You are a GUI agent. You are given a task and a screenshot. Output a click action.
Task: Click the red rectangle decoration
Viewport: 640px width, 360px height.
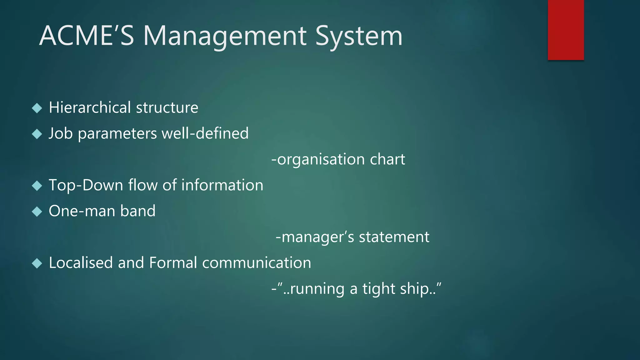point(566,30)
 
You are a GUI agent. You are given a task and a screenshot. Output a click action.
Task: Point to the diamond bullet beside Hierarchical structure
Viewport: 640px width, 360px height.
point(37,108)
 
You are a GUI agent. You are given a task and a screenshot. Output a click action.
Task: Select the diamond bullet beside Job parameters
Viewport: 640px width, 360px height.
point(37,134)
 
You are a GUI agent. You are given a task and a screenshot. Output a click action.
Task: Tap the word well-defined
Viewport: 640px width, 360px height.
point(205,133)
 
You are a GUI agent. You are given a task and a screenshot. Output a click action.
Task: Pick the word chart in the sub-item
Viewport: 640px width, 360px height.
point(387,159)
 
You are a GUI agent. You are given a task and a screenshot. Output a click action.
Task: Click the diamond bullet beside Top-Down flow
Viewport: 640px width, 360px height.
point(37,186)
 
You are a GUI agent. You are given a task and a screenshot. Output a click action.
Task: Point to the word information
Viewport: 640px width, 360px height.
point(222,185)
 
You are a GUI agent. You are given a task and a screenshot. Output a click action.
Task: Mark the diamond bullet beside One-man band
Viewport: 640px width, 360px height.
point(37,212)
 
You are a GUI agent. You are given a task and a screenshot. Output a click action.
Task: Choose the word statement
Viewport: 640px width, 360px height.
point(394,237)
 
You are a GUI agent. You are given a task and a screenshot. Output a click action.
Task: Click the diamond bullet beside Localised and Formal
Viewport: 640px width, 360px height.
point(37,263)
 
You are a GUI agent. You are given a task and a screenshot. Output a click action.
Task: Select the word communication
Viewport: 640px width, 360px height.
point(257,263)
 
